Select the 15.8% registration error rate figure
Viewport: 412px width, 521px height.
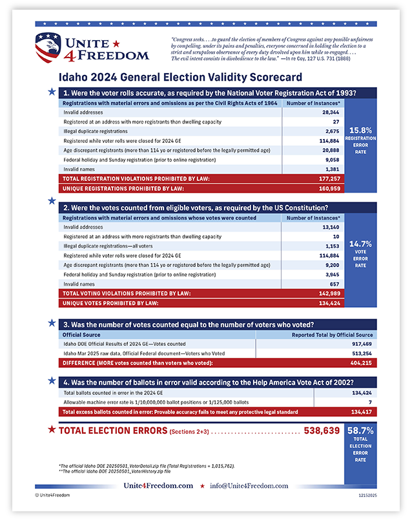pyautogui.click(x=360, y=130)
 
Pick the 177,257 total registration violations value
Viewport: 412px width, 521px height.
pyautogui.click(x=327, y=178)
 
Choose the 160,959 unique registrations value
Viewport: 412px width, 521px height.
pyautogui.click(x=327, y=188)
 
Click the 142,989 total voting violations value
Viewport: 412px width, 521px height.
pyautogui.click(x=327, y=293)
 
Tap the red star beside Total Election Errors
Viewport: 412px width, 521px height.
pyautogui.click(x=50, y=429)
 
